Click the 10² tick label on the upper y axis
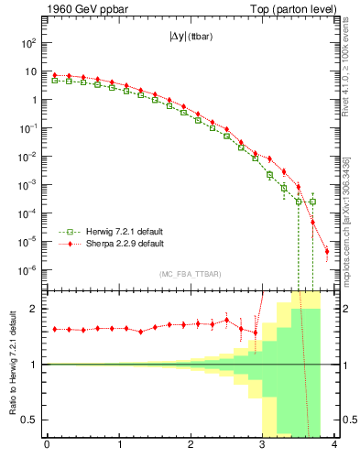28,43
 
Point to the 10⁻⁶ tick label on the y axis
28,270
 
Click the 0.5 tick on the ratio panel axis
29,420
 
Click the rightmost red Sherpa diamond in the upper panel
327,251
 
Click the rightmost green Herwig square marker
312,202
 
